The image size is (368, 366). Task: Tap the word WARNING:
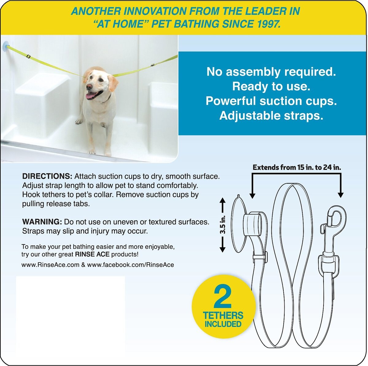[42, 222]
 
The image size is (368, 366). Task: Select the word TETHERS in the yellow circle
[223, 316]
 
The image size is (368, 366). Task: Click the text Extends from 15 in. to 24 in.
[297, 167]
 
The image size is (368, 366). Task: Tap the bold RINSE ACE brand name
[92, 255]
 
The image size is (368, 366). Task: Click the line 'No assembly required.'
[271, 72]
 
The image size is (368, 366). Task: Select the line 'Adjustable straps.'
[271, 116]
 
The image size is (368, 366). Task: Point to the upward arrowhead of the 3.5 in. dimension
[223, 200]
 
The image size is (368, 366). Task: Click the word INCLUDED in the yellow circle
[223, 324]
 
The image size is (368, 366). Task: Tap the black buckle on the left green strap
[28, 56]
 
